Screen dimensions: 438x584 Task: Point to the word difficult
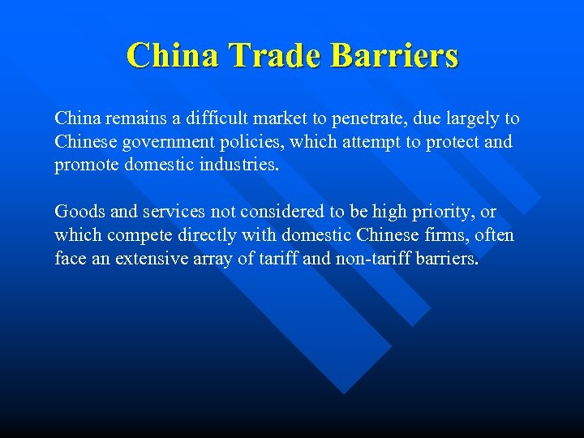click(217, 118)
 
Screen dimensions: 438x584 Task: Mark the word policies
click(250, 142)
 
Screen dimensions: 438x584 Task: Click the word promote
click(82, 165)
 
